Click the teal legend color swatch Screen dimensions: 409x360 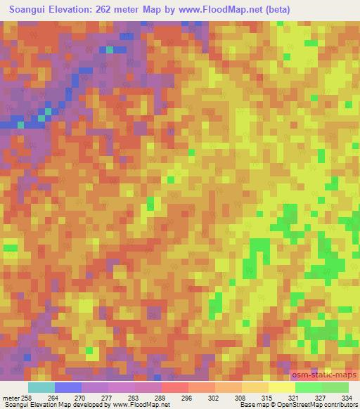tap(41, 387)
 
